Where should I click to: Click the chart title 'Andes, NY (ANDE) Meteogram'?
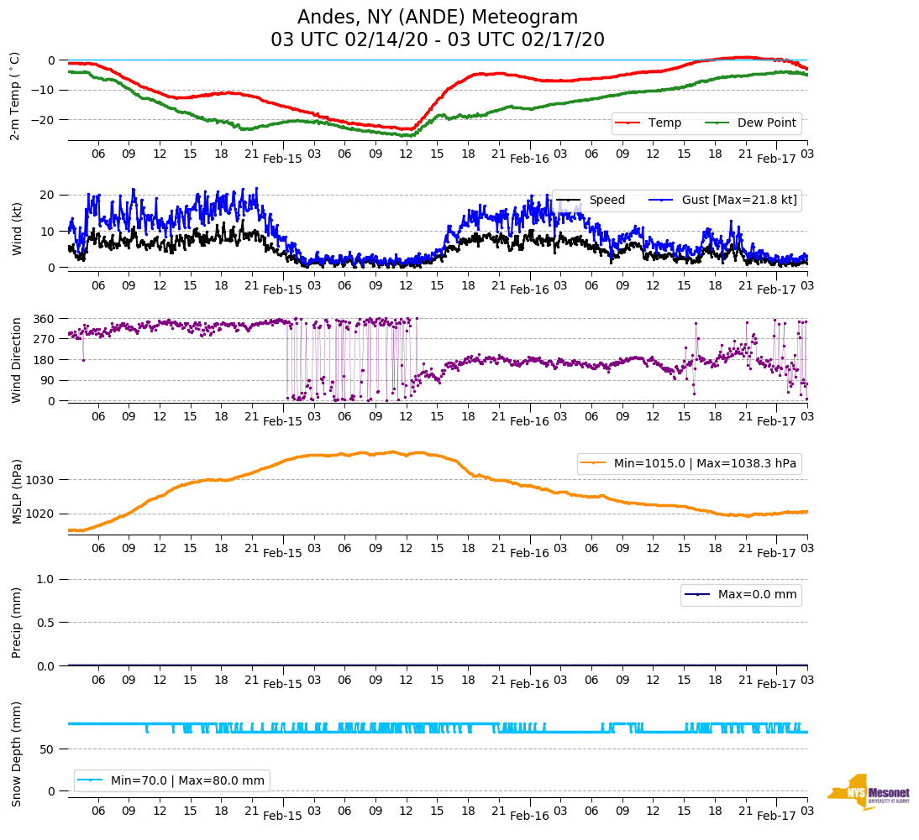pyautogui.click(x=438, y=17)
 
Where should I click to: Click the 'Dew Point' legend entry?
pyautogui.click(x=767, y=123)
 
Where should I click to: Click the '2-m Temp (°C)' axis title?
pyautogui.click(x=15, y=95)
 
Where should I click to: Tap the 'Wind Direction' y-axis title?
pyautogui.click(x=16, y=360)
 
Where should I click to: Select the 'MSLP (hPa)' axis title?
pyautogui.click(x=17, y=491)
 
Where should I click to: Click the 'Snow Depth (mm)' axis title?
pyautogui.click(x=17, y=754)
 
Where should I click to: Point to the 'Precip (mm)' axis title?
pyautogui.click(x=17, y=622)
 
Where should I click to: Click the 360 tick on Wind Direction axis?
pyautogui.click(x=45, y=319)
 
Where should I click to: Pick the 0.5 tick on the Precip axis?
pyautogui.click(x=47, y=623)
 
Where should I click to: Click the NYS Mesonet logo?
pyautogui.click(x=869, y=792)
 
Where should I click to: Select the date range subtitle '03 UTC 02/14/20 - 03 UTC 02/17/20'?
pyautogui.click(x=438, y=40)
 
